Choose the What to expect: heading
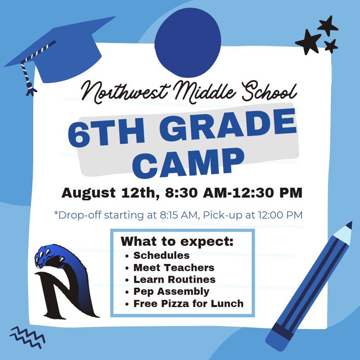177,241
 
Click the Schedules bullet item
161,255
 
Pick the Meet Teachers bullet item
174,268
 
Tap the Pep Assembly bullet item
171,292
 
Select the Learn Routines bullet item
174,279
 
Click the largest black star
308,41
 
